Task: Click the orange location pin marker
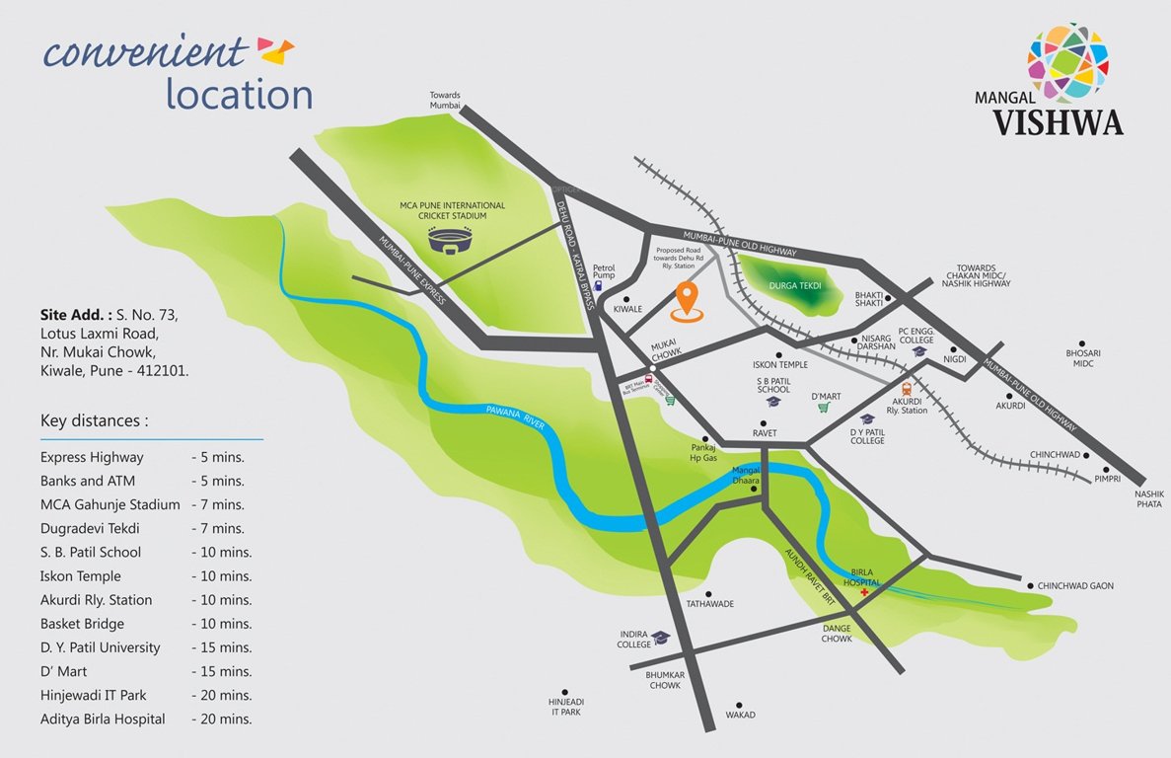687,298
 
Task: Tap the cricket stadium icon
451,241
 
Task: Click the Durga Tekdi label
794,285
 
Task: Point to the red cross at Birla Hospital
865,593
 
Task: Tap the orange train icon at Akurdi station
907,390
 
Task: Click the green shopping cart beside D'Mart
825,408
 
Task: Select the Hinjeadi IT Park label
565,706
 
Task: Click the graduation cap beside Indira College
660,638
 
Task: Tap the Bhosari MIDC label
1083,357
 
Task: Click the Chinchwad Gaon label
1075,586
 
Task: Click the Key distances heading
95,421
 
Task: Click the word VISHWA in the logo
1058,122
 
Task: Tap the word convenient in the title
144,51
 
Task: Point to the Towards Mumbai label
445,100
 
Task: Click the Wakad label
740,715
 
